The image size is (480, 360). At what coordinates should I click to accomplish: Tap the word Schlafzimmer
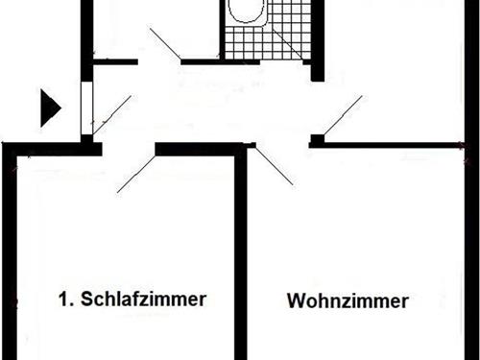click(144, 299)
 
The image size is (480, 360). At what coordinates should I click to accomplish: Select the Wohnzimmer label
click(348, 300)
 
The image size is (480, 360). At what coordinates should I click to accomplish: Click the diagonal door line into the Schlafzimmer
click(135, 173)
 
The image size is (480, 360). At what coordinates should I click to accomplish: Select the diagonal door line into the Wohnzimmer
click(275, 164)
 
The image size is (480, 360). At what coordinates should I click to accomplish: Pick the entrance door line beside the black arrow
click(110, 113)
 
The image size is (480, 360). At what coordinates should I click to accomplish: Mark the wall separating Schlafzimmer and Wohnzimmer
click(241, 259)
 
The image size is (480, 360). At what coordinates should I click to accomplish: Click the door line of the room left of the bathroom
click(164, 44)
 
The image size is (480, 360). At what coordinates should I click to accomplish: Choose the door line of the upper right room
click(342, 114)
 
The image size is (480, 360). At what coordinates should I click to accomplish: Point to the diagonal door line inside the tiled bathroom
click(287, 42)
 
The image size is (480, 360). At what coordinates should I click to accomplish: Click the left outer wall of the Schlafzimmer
click(11, 259)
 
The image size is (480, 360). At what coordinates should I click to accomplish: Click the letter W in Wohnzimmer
click(295, 300)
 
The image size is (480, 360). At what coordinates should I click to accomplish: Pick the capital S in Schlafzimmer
click(87, 299)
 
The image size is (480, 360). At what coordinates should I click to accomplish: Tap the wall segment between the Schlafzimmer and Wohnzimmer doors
click(197, 149)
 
